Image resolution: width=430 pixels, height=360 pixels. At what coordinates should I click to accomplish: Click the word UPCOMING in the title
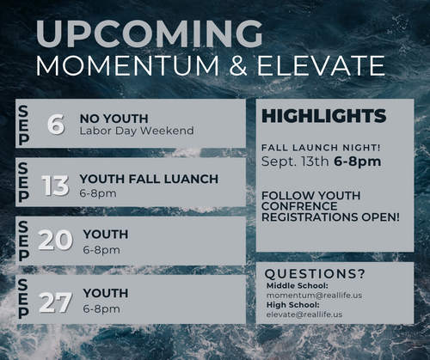[149, 34]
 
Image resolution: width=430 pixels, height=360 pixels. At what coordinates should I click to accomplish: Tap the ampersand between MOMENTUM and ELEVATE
[238, 65]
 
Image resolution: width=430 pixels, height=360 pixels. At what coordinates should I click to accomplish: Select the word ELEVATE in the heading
[321, 65]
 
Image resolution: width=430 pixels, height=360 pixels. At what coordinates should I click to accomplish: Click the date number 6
[56, 124]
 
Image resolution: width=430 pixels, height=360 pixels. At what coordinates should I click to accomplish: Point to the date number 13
[56, 186]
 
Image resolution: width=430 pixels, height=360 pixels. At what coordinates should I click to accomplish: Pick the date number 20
[55, 240]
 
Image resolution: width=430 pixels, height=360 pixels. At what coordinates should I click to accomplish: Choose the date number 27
[55, 302]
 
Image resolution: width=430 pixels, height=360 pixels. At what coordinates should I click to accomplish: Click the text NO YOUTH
[114, 119]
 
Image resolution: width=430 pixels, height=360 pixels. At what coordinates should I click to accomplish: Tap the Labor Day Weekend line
[137, 131]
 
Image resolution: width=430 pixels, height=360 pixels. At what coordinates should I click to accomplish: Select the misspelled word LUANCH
[192, 179]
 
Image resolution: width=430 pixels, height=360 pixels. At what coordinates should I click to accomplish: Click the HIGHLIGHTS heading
[324, 116]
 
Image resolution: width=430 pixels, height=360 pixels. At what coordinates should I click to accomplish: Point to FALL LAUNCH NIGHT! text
[321, 148]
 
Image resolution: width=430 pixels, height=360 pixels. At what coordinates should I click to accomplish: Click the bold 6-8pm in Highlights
[358, 162]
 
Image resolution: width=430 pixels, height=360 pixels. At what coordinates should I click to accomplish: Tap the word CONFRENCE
[299, 206]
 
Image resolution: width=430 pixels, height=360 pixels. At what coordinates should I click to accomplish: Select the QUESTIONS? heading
[315, 274]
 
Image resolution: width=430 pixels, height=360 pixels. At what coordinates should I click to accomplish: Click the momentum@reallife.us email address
[314, 296]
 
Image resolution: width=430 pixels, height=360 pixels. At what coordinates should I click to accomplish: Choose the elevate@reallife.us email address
[304, 314]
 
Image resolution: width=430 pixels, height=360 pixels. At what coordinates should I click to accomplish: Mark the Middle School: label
[298, 285]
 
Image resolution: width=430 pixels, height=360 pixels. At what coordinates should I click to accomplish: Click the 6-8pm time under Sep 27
[101, 309]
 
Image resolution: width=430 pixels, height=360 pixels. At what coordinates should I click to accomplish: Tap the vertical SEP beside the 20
[23, 241]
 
